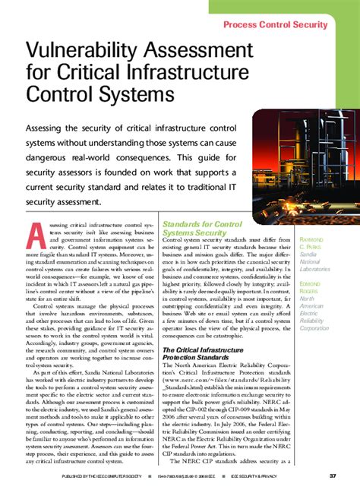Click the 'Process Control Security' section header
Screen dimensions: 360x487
(x=286, y=25)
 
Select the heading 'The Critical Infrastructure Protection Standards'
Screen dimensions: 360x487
(x=204, y=353)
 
